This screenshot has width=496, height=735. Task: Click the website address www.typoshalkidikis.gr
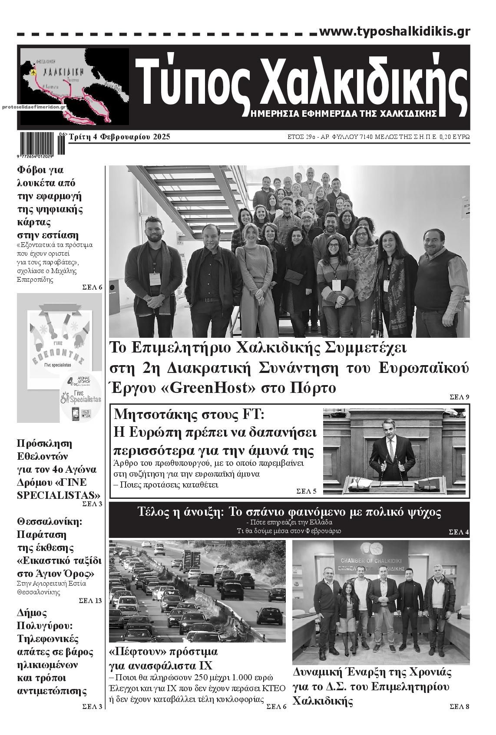[394, 32]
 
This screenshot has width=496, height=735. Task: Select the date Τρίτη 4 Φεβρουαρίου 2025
[120, 137]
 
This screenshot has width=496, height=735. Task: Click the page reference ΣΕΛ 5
[306, 491]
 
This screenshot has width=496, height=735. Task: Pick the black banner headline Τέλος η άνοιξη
[289, 512]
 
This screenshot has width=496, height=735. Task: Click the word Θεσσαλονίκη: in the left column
[49, 521]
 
